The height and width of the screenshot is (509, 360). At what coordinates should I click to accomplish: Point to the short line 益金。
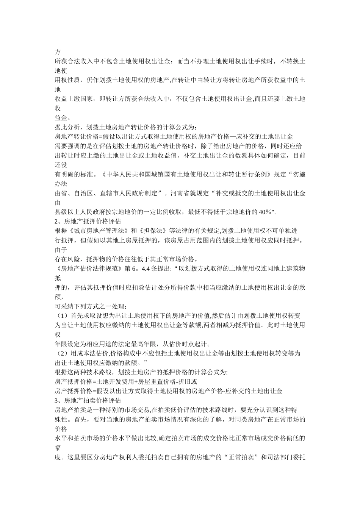pyautogui.click(x=63, y=117)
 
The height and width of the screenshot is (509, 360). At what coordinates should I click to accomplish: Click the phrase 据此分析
pyautogui.click(x=68, y=127)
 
